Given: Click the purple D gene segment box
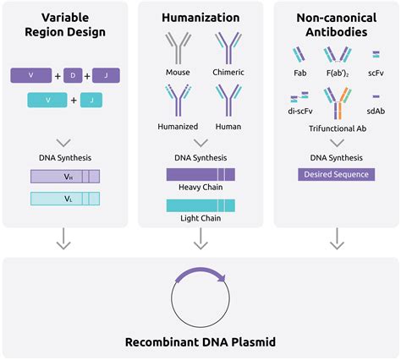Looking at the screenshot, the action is [x=73, y=75].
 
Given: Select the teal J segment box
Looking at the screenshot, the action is [x=91, y=100].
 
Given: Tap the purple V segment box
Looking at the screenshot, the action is [x=31, y=75].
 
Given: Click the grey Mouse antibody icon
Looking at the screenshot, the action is [x=178, y=48].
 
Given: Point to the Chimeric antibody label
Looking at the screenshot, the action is [x=228, y=73].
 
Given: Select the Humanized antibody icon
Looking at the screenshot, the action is [x=178, y=101].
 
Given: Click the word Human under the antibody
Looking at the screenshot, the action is [x=228, y=127].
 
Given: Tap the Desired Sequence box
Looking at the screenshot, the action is [x=337, y=174].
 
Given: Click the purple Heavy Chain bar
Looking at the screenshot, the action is [x=200, y=174].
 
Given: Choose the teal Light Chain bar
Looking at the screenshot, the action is [x=200, y=205].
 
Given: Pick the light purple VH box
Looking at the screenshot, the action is [x=65, y=177].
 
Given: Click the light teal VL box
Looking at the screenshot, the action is [x=65, y=199].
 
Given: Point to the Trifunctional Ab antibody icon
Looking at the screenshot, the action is [x=338, y=103].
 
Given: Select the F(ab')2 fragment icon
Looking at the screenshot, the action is [x=338, y=55].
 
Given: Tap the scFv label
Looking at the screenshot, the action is [x=376, y=73].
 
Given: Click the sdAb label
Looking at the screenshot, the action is [x=376, y=111].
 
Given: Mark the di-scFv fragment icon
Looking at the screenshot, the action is [x=299, y=97].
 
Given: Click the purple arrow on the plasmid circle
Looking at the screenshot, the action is [x=200, y=273].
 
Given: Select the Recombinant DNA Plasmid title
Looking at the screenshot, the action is [x=200, y=342].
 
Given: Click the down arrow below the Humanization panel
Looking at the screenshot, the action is [x=200, y=238].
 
